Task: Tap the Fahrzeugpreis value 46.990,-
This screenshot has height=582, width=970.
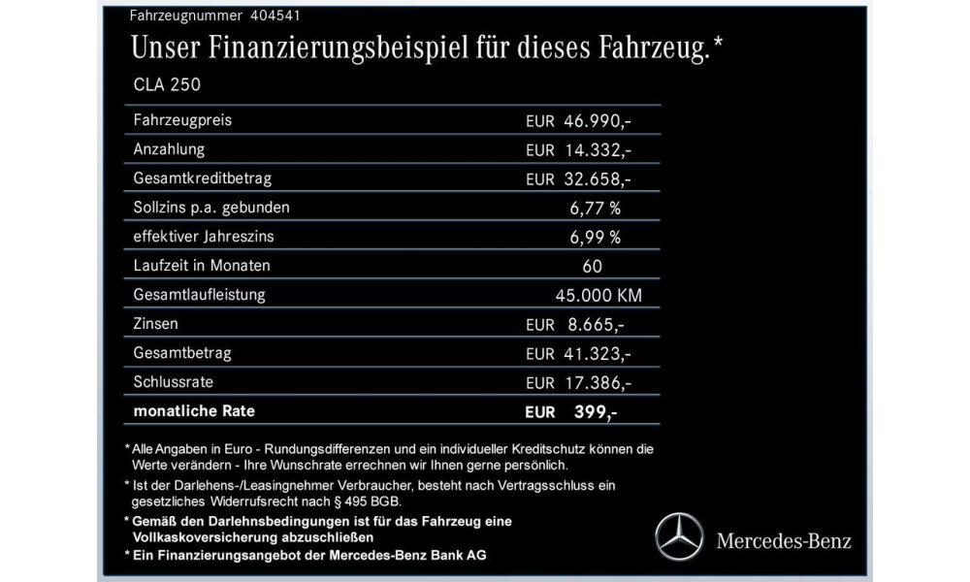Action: (x=597, y=121)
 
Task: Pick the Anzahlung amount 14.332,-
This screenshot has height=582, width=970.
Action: (x=597, y=150)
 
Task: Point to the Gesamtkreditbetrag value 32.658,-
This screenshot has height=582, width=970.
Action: (x=597, y=179)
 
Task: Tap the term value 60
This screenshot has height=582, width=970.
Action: (x=594, y=266)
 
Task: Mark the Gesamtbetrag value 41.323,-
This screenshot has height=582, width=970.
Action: (x=597, y=353)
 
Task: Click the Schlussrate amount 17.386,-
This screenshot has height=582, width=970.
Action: (x=597, y=383)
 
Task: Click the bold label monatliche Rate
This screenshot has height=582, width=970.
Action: (x=194, y=411)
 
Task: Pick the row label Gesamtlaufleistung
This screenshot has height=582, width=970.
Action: (x=201, y=294)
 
